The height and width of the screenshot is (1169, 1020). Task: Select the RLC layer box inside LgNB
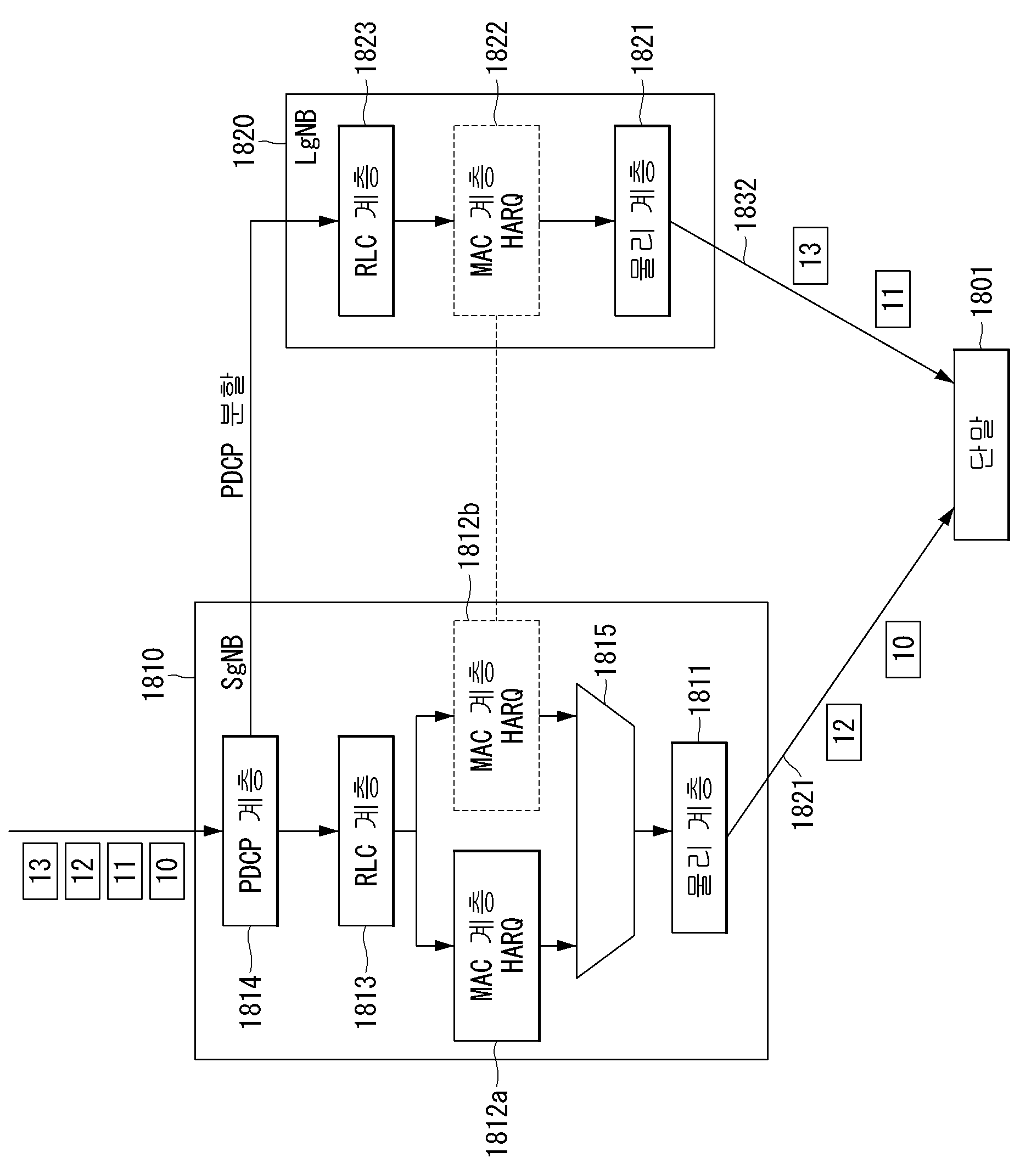[366, 220]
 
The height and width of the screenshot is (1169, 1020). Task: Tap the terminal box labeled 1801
[981, 445]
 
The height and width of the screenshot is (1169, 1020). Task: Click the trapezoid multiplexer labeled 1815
[605, 830]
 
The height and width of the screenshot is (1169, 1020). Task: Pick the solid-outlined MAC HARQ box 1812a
[496, 945]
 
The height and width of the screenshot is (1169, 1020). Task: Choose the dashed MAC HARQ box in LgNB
[496, 220]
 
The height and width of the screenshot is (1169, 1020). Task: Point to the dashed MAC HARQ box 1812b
[496, 716]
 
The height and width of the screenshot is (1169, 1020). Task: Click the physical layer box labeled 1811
[699, 837]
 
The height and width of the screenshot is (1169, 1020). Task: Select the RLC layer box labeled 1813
[366, 830]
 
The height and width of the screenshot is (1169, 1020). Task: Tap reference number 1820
[244, 140]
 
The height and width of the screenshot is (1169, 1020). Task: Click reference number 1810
[153, 673]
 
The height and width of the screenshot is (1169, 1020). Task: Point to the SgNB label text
[232, 662]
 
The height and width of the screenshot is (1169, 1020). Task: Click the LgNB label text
[306, 137]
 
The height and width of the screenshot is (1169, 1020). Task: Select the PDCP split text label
[232, 436]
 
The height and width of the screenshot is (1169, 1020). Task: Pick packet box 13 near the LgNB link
[810, 255]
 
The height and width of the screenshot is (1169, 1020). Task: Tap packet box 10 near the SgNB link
[903, 649]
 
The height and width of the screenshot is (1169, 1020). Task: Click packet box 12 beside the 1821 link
[844, 732]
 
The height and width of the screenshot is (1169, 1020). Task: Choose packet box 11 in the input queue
[125, 871]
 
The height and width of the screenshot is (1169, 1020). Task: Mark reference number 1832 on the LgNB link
[746, 204]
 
